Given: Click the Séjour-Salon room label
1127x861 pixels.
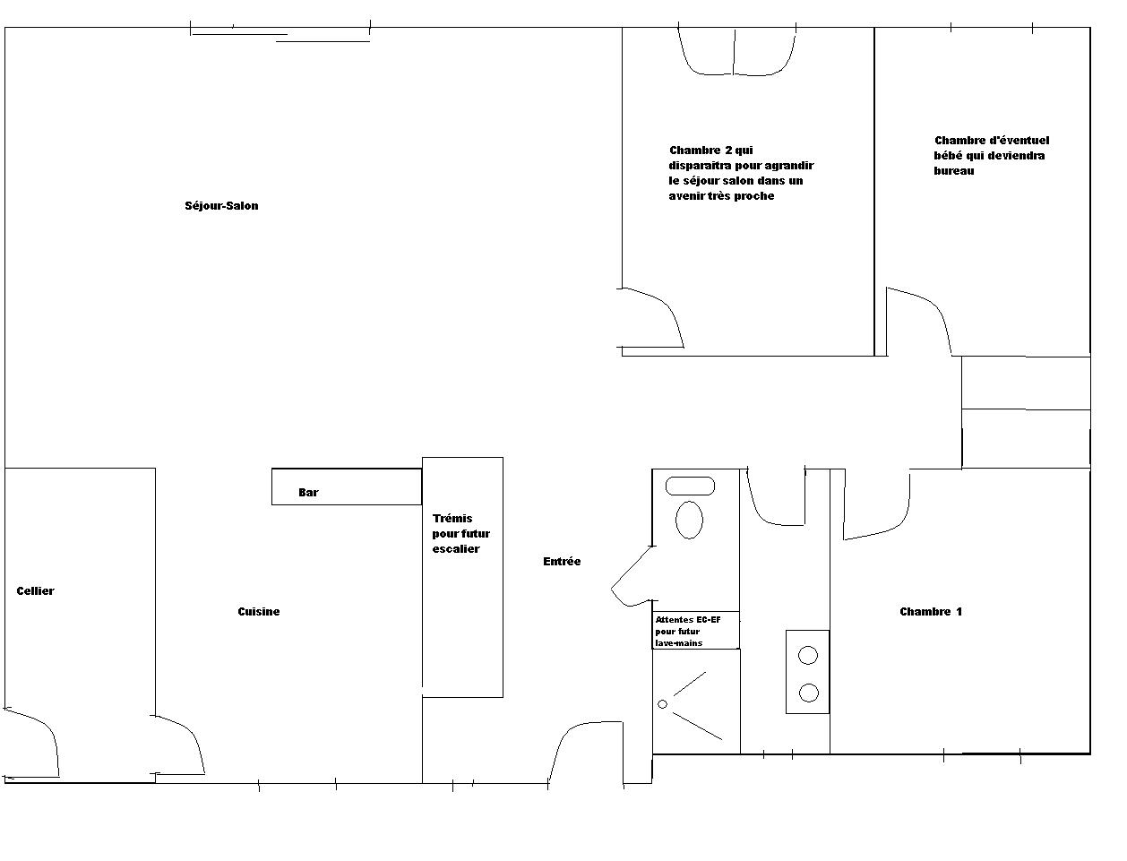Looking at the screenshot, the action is (x=221, y=206).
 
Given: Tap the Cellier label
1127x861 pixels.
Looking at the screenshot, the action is (x=36, y=591).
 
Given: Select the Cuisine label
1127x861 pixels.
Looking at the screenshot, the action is (x=259, y=611).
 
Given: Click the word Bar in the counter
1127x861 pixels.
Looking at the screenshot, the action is (x=308, y=493).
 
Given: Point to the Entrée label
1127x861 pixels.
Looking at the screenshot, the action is (x=562, y=561).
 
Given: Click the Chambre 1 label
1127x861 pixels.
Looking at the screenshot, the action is (x=931, y=611).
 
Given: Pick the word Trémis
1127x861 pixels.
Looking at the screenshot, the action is (x=452, y=518).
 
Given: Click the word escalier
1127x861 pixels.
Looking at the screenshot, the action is (x=456, y=549).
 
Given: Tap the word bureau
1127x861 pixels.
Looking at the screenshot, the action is (x=954, y=171).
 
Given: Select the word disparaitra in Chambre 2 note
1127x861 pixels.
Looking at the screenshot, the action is (x=701, y=166).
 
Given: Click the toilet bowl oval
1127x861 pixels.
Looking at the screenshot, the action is (x=689, y=520).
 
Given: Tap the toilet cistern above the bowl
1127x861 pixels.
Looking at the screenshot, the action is (x=690, y=486).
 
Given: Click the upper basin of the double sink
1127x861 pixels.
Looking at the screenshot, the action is (x=808, y=656).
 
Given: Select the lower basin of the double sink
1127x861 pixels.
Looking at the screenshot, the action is (x=809, y=693).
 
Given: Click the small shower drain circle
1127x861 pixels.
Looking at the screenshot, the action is (x=662, y=704).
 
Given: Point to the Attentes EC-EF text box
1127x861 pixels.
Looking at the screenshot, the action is (x=696, y=631).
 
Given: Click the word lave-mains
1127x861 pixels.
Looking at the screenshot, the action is (x=679, y=642).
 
